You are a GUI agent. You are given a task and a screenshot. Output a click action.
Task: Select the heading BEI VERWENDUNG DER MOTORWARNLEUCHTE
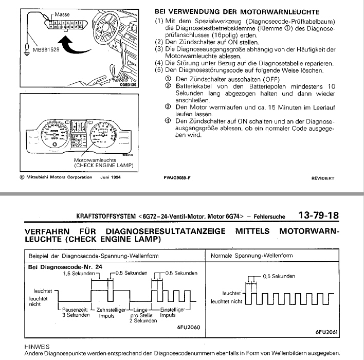click(x=237, y=12)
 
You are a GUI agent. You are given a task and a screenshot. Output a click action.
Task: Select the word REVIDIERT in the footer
click(x=322, y=178)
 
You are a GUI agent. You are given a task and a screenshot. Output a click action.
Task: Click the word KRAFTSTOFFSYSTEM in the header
click(x=106, y=217)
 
